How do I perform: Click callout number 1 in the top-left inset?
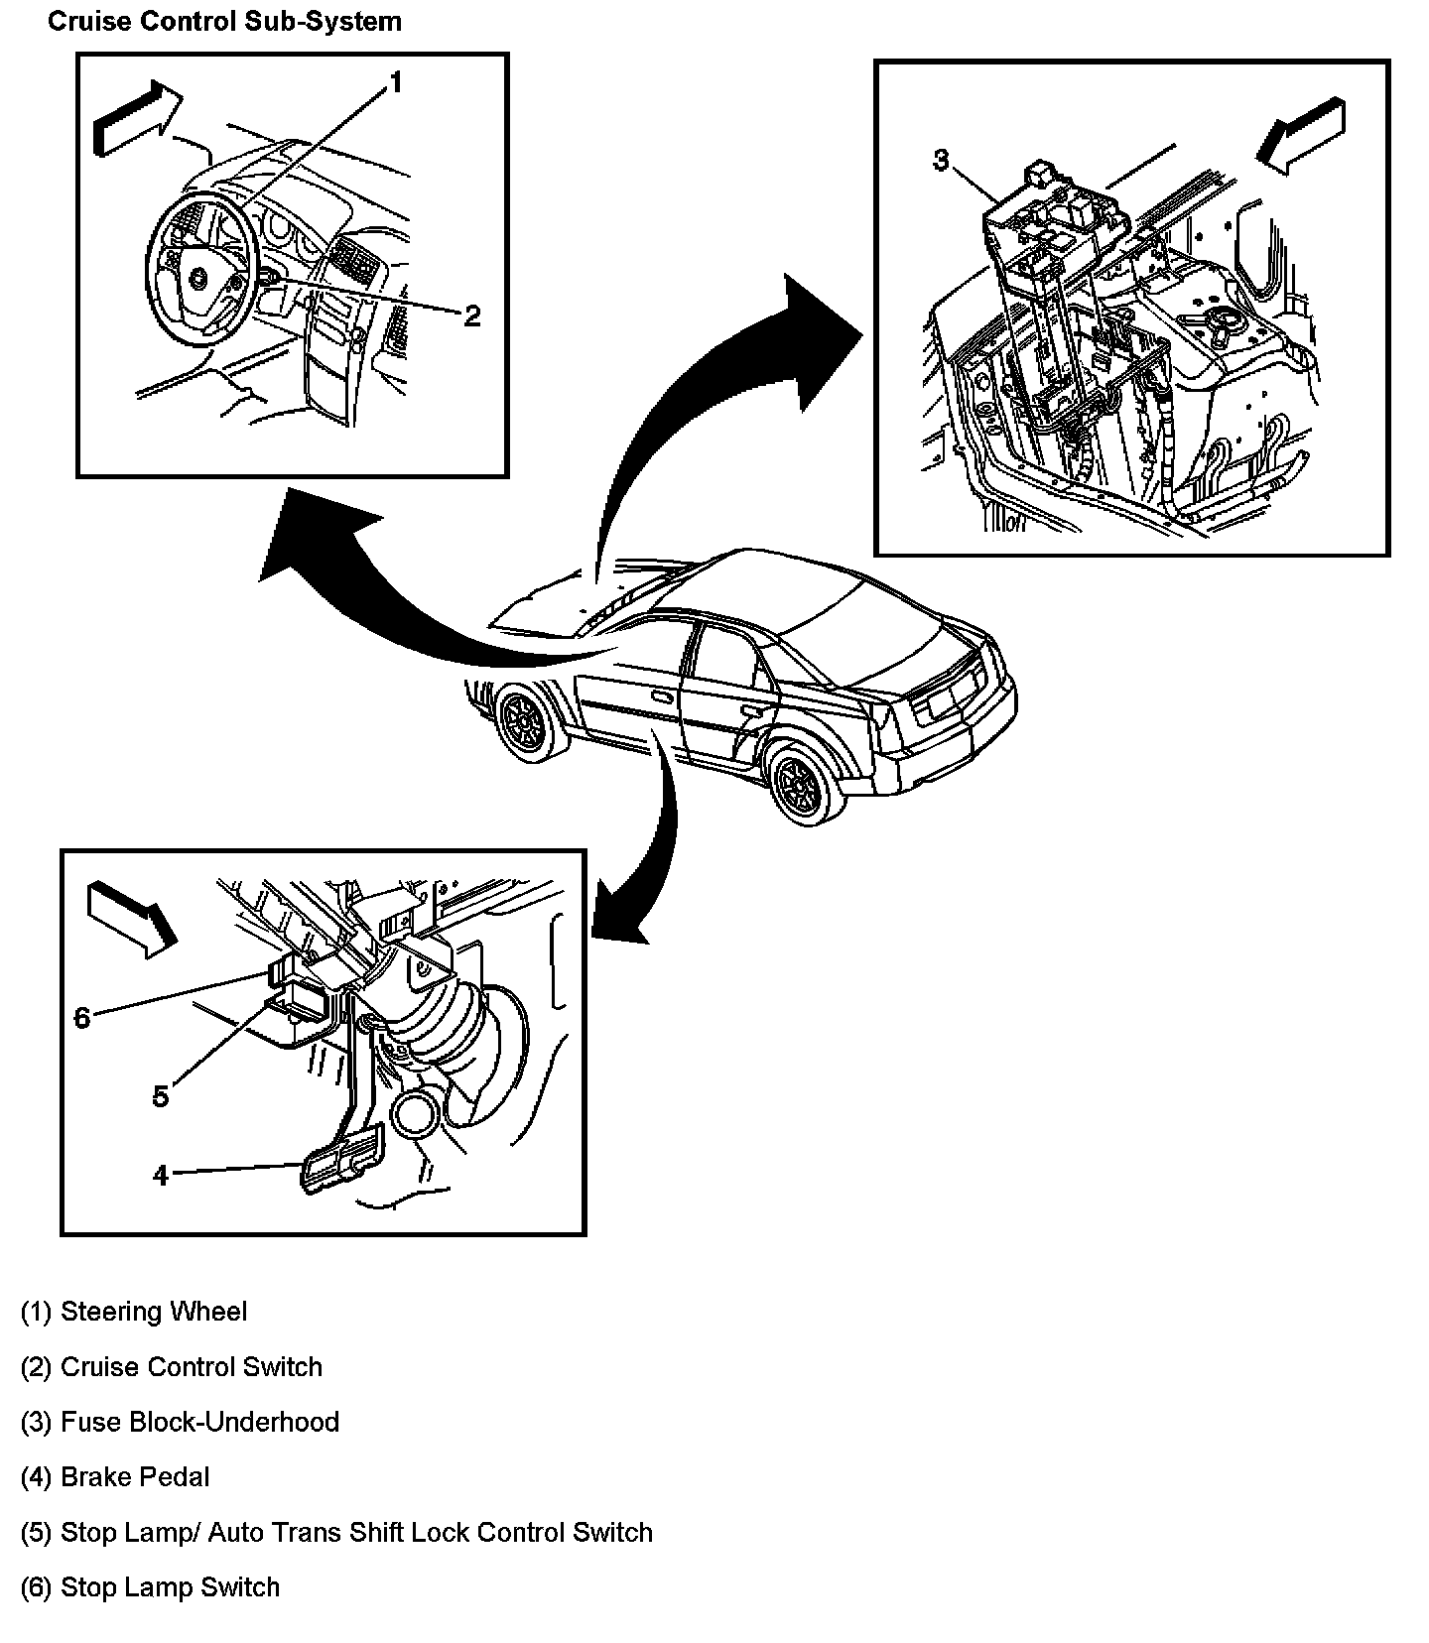(x=395, y=82)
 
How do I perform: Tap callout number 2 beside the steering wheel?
(x=471, y=316)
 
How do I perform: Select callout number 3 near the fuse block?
(x=941, y=161)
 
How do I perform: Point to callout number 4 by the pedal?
(x=161, y=1176)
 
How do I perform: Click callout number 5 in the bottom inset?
(x=161, y=1096)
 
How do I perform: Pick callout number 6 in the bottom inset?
(x=82, y=1017)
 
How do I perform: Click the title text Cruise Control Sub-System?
(x=224, y=21)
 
